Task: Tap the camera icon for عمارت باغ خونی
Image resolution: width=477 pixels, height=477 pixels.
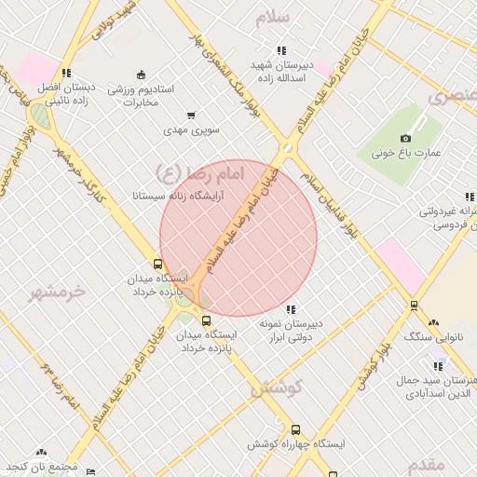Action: tap(405, 139)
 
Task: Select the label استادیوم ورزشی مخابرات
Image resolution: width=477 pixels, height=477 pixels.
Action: tap(141, 96)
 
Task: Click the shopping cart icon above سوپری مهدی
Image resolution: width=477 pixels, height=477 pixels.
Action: tap(191, 116)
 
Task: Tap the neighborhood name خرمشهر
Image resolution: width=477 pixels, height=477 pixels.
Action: tap(57, 291)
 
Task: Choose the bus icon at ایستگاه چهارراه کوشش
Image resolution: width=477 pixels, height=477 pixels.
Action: tap(296, 430)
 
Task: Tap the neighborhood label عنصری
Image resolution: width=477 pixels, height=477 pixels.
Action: tap(453, 96)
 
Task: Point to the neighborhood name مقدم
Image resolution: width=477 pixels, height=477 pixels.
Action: tap(428, 463)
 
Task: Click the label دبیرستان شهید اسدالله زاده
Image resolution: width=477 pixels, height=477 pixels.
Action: tap(281, 73)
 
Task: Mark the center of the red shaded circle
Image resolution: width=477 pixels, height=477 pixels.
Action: tap(238, 238)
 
